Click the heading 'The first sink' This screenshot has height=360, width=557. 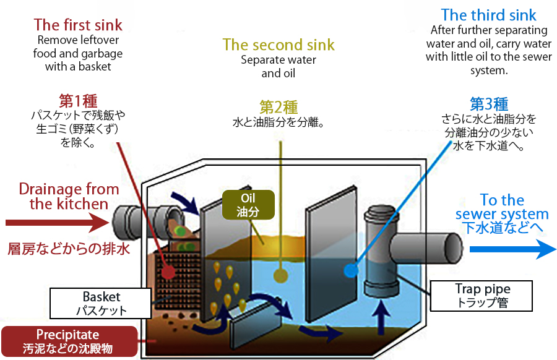pyautogui.click(x=78, y=25)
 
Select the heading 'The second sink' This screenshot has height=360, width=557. pyautogui.click(x=278, y=45)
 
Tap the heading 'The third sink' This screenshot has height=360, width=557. pyautogui.click(x=488, y=15)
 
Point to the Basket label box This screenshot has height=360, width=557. pyautogui.click(x=101, y=304)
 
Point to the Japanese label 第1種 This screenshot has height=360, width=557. pyautogui.click(x=78, y=101)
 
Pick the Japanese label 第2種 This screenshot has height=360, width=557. pyautogui.click(x=278, y=106)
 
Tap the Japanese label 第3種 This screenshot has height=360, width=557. pyautogui.click(x=489, y=103)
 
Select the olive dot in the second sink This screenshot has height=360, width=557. pyautogui.click(x=281, y=270)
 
